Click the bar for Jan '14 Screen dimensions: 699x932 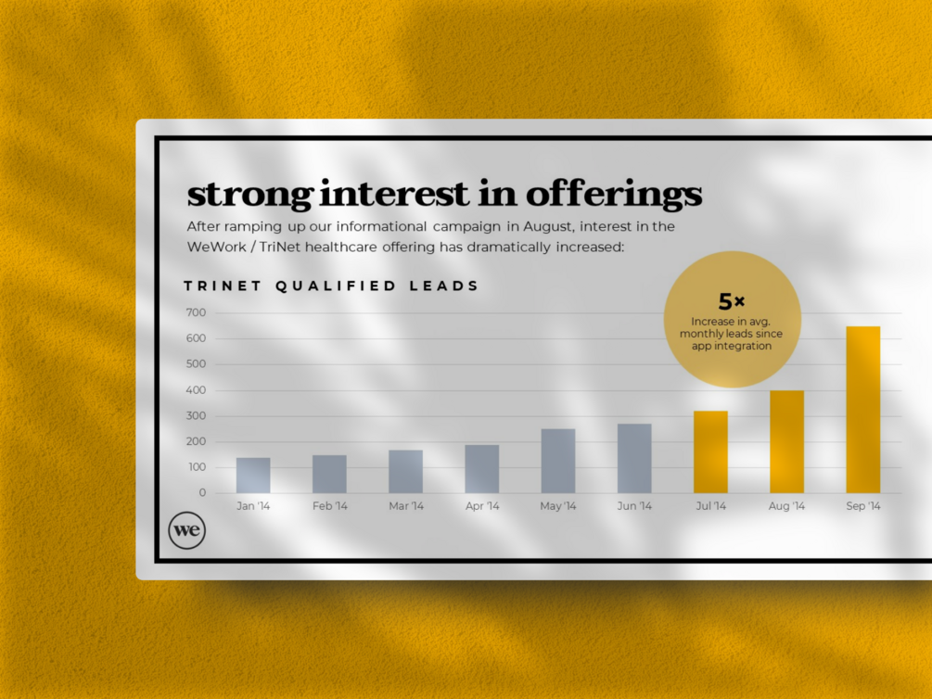253,476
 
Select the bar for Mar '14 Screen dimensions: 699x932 405,472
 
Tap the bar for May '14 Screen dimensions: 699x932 557,461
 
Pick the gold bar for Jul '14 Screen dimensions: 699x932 710,452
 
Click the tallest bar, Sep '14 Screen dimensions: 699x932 862,410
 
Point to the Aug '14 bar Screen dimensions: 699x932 786,441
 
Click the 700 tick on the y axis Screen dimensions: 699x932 196,312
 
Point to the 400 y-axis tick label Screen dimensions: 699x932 196,390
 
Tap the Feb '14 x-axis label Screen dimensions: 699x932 329,506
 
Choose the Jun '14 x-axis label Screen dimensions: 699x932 634,506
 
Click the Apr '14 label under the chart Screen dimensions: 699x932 481,506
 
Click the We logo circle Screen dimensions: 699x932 186,530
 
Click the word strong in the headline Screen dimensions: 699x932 249,196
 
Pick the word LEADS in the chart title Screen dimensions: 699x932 445,286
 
